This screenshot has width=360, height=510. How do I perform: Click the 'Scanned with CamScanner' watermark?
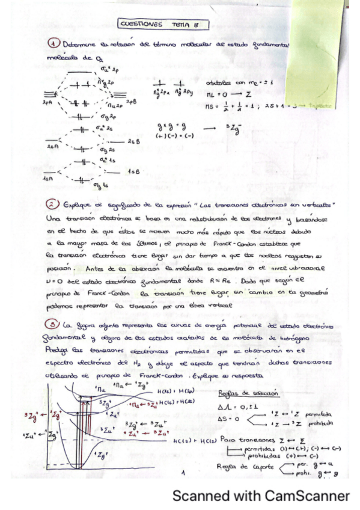pos(260,496)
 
